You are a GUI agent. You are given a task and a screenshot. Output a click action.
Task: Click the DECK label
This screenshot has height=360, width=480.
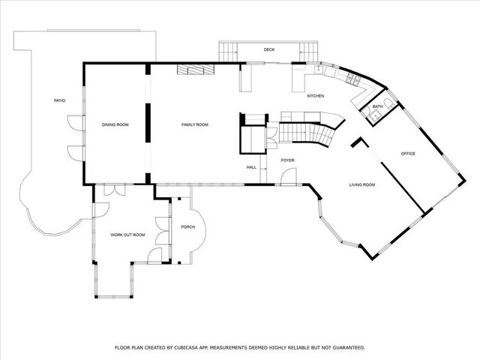coord(268,50)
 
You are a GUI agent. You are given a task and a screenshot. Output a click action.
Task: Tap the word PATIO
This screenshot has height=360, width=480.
coord(59,100)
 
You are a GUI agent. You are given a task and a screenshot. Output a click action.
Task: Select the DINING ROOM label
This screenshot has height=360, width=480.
coord(115,124)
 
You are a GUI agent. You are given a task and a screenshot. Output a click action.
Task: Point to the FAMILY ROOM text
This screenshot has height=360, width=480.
coord(195,124)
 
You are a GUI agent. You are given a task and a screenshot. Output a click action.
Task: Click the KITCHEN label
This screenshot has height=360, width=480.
coord(315,96)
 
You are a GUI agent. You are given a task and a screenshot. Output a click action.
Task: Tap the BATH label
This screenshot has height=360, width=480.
coord(377,106)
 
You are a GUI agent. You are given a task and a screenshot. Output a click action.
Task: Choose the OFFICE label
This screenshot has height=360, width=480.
coord(408,154)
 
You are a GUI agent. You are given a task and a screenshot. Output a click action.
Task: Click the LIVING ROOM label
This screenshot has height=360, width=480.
coord(361,184)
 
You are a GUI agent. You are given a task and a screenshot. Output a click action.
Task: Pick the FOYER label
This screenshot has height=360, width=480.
coord(287,160)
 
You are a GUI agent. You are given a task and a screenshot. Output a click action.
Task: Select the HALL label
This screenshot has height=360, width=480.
coord(252,167)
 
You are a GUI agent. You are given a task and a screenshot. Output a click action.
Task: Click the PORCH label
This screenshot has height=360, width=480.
coord(187,226)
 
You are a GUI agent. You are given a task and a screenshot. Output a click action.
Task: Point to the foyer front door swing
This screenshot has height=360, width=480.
coord(287,177)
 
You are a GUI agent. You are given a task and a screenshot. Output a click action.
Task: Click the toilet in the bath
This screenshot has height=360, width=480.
coord(385,103)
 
